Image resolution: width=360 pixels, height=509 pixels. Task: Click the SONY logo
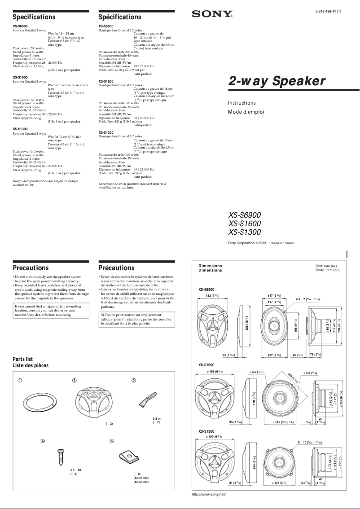click(x=212, y=14)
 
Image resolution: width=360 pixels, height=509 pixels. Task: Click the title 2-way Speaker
click(x=277, y=81)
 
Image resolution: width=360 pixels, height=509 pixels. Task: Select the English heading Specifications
click(x=34, y=17)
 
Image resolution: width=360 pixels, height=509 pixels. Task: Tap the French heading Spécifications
click(x=120, y=17)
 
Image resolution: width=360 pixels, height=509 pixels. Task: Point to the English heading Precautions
click(x=31, y=268)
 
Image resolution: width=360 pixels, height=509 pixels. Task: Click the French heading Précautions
click(x=116, y=268)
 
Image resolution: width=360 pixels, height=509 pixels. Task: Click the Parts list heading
click(x=23, y=359)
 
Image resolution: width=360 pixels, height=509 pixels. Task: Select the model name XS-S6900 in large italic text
click(x=244, y=215)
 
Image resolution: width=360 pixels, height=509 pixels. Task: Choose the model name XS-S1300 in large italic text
click(x=244, y=232)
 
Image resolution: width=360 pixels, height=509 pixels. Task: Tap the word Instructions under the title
click(x=242, y=103)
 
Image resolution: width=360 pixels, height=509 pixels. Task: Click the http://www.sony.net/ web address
click(x=209, y=494)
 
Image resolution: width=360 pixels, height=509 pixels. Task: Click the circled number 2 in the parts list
click(x=74, y=381)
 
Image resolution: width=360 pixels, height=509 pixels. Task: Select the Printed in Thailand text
click(x=281, y=243)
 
